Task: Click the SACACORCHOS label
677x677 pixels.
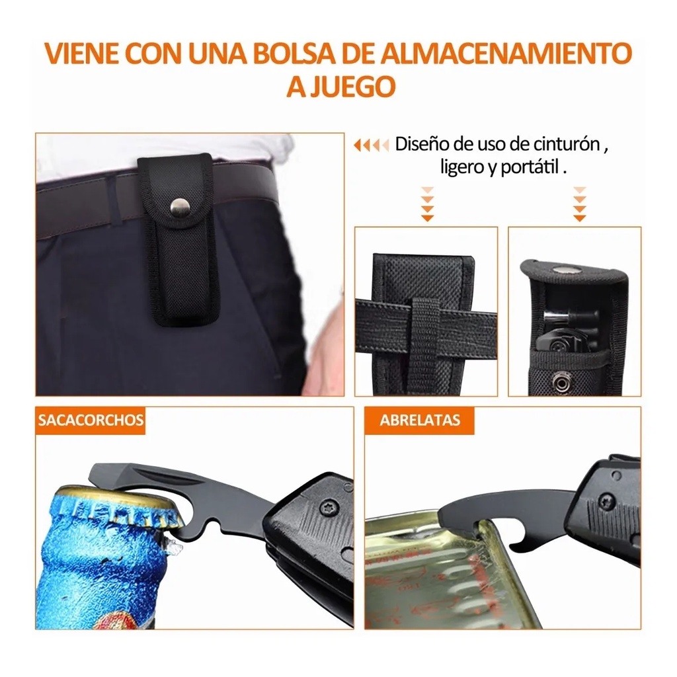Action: point(90,420)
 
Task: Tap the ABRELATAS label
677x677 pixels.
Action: point(420,420)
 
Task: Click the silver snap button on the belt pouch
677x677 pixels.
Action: point(179,207)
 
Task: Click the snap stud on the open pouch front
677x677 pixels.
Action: point(563,381)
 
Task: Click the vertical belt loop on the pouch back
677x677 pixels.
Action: point(425,344)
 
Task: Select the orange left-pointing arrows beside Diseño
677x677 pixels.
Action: point(371,145)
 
